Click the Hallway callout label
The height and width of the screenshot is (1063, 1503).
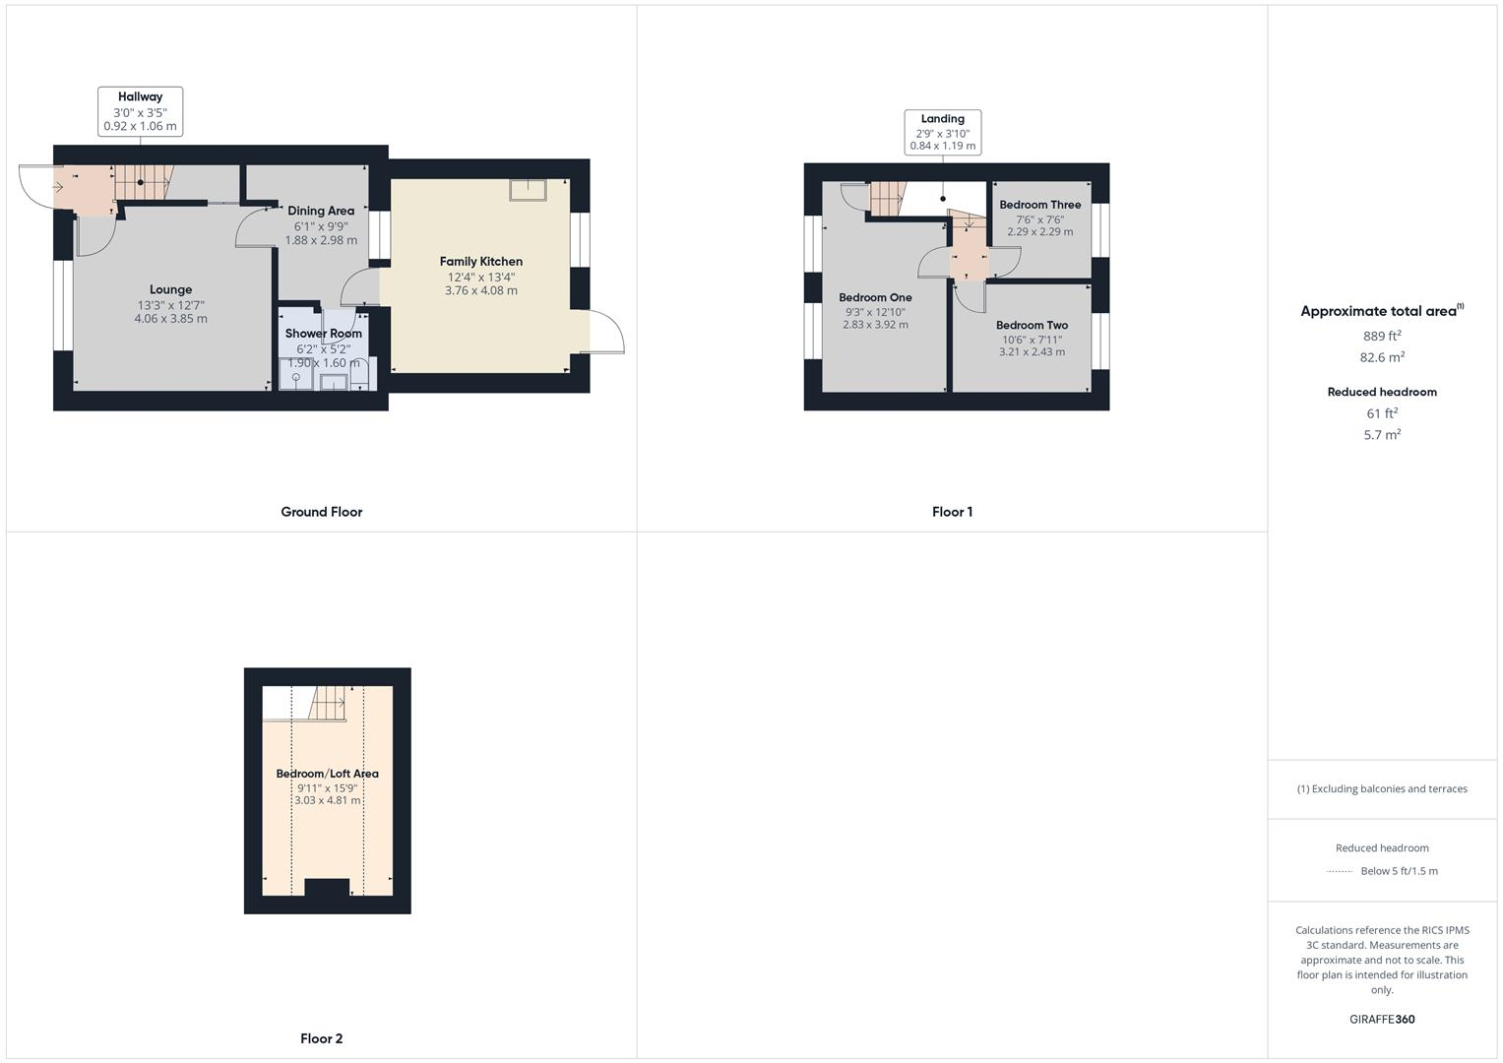point(140,97)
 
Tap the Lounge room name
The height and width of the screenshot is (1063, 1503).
point(170,289)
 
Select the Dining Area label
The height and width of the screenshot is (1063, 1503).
point(321,211)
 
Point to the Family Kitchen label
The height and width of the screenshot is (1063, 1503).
point(480,261)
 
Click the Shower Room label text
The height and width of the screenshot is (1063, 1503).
point(323,334)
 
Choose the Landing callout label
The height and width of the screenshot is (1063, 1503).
point(942,119)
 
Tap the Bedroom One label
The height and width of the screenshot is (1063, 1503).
point(875,297)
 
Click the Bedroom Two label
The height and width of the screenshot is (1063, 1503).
point(1032,325)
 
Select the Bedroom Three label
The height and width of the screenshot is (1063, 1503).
point(1039,205)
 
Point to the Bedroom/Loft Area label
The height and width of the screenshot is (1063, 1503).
point(327,774)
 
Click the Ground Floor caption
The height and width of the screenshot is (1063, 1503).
point(321,512)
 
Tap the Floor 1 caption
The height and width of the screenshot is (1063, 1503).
point(952,512)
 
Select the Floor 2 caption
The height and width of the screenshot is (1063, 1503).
point(321,1038)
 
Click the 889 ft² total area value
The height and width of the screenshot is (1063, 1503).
point(1381,336)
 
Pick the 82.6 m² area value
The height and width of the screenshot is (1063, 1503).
point(1382,358)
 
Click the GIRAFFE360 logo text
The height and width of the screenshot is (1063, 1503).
point(1382,1020)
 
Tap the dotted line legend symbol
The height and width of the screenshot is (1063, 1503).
point(1340,871)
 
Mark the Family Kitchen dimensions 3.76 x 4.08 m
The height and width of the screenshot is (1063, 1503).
point(480,290)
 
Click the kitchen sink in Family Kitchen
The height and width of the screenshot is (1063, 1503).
point(528,190)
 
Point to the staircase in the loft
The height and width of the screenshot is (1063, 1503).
point(329,703)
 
